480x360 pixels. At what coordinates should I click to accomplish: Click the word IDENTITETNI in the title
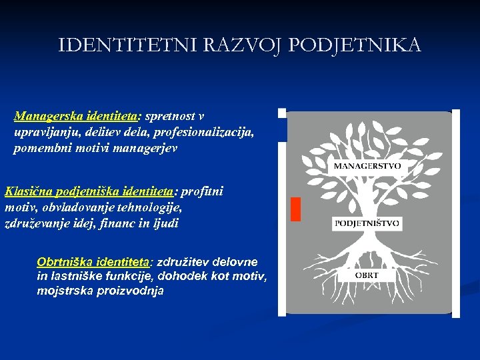pyautogui.click(x=111, y=45)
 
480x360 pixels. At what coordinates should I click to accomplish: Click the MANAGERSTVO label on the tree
pyautogui.click(x=367, y=166)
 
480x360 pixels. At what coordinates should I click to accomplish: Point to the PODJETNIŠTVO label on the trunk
pyautogui.click(x=367, y=224)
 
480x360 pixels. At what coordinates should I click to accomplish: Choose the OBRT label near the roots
pyautogui.click(x=367, y=275)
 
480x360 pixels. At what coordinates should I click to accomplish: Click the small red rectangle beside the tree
pyautogui.click(x=295, y=209)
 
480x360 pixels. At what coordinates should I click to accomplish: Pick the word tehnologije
pyautogui.click(x=151, y=208)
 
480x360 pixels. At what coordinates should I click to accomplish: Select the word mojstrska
pyautogui.click(x=64, y=291)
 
